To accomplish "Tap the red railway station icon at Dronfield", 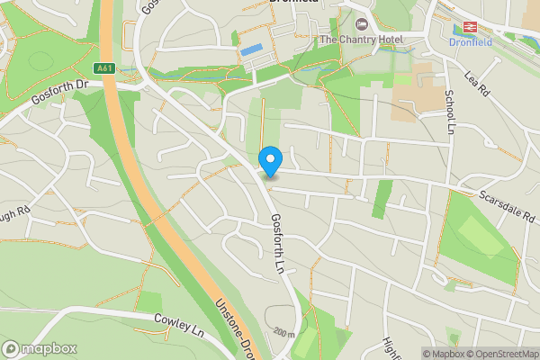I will (469, 27).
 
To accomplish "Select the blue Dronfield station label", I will (469, 42).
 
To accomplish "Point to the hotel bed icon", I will (362, 23).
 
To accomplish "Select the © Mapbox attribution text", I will (442, 354).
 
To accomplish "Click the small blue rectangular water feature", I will (251, 49).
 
